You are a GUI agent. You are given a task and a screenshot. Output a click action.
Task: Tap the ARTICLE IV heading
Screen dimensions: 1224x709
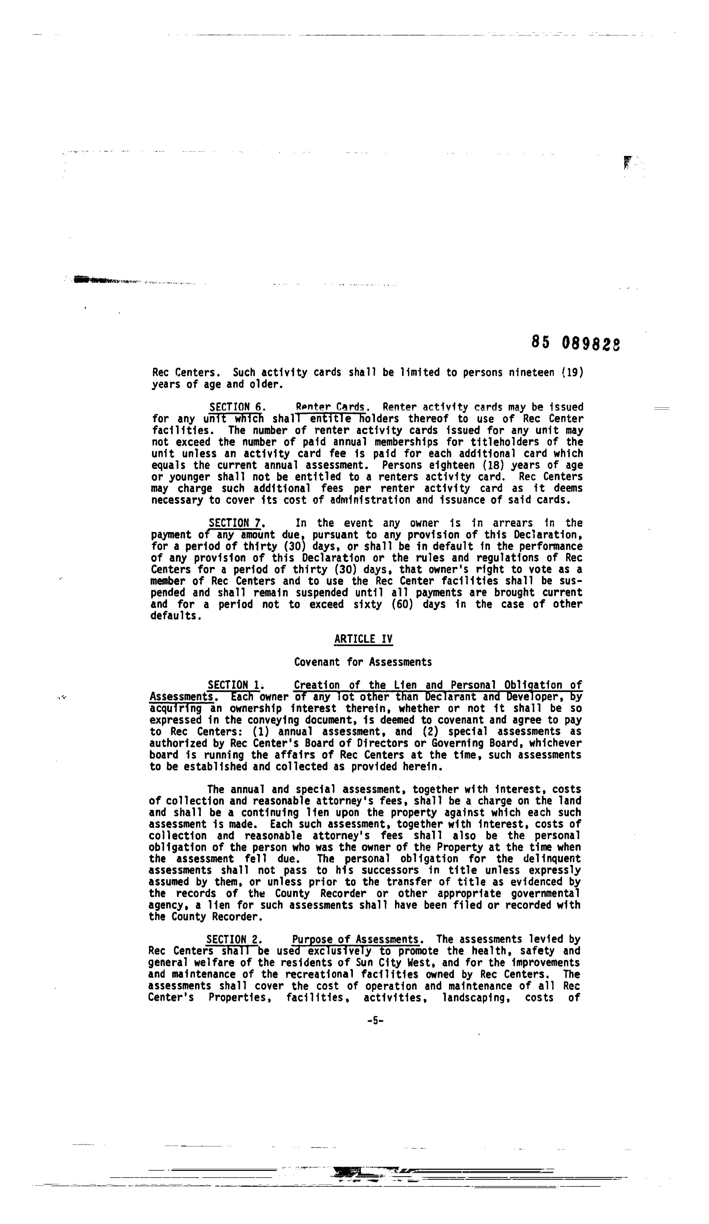363,639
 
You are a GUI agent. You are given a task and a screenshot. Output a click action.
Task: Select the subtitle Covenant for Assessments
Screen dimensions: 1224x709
363,662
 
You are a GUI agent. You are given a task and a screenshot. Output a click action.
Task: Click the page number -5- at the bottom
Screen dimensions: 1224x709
375,1021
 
